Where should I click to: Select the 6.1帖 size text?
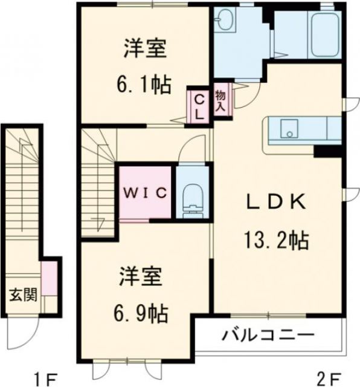coord(144,85)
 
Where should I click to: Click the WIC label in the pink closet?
coord(146,193)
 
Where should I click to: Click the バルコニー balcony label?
coord(268,335)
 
